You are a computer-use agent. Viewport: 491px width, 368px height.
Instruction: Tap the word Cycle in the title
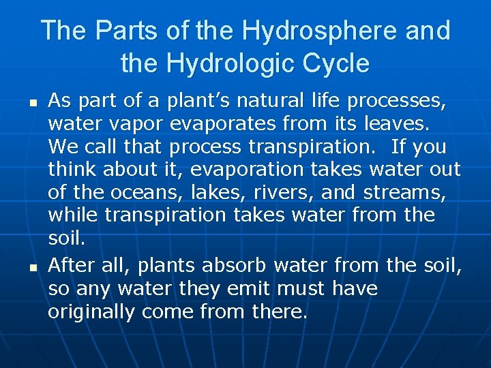point(334,64)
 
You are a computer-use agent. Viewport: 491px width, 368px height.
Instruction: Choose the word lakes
point(213,193)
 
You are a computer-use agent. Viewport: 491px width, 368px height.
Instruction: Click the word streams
point(403,193)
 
